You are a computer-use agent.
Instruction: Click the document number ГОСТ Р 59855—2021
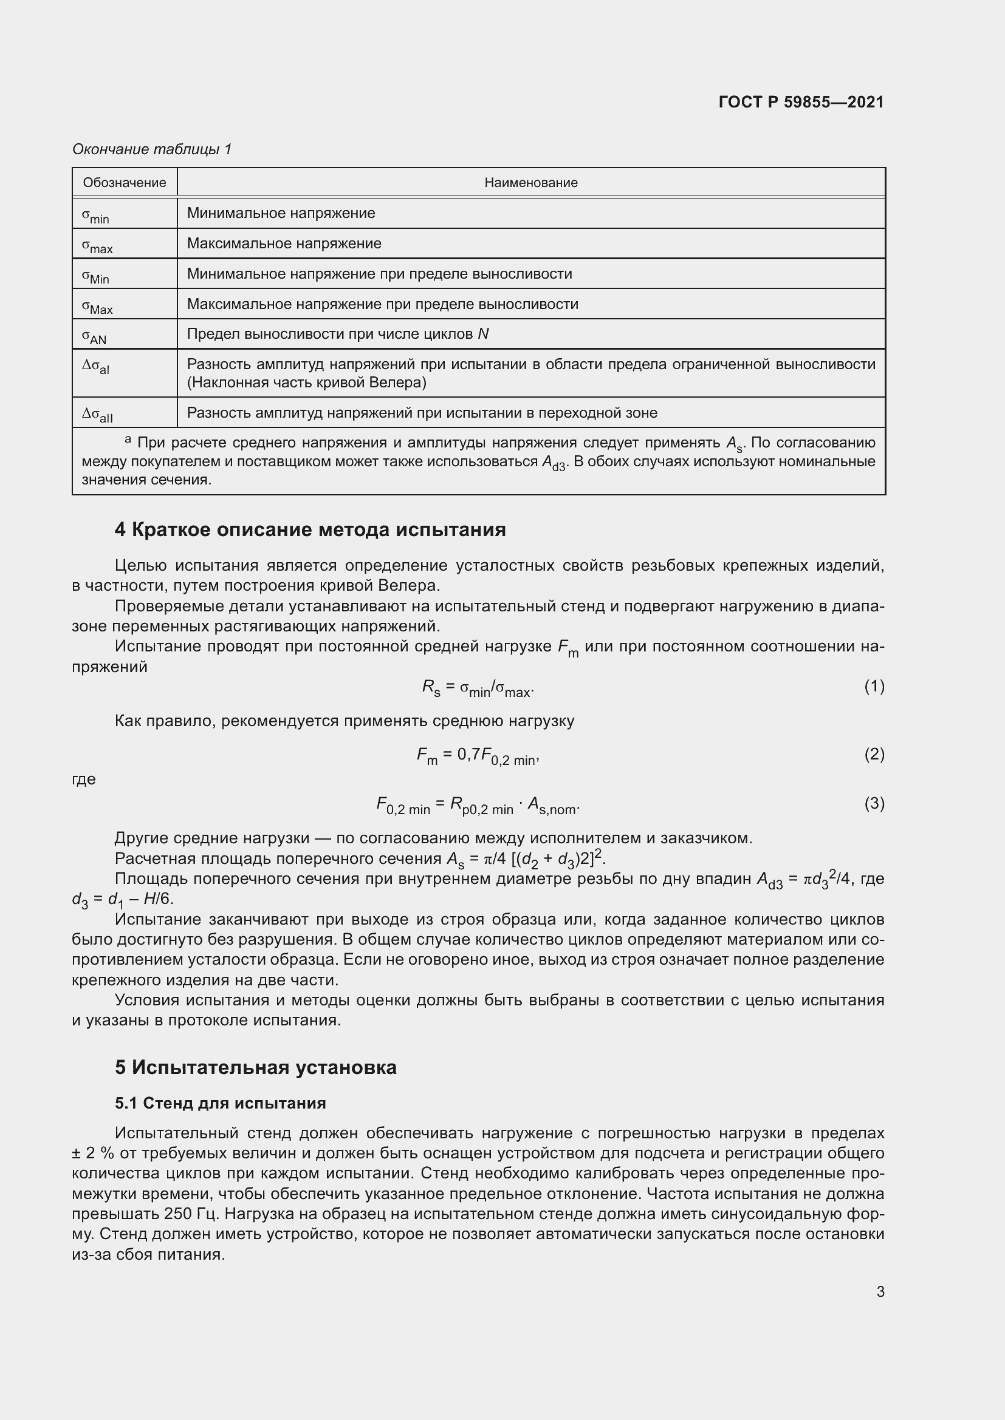pos(801,102)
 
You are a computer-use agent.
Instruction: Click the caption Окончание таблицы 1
pos(152,149)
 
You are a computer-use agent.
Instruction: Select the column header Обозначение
pos(125,183)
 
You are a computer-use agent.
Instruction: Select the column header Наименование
pos(530,183)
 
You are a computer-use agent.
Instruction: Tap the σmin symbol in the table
pos(95,214)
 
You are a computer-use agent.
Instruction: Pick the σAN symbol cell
pos(94,336)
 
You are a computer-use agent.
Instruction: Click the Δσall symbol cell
pos(97,415)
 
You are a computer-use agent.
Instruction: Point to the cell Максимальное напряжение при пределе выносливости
pos(382,304)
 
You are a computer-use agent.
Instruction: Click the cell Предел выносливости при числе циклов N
pos(337,334)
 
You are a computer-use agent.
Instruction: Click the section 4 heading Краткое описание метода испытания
pos(310,529)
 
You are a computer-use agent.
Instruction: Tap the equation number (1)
pos(874,686)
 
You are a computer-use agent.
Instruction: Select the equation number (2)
pos(874,754)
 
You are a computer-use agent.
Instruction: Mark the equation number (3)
pos(874,803)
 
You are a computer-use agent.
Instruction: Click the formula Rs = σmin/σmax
pos(477,688)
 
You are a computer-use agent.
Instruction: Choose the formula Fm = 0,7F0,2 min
pos(478,756)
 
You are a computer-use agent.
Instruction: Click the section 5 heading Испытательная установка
pos(256,1067)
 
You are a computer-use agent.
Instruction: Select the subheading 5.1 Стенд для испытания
pos(221,1103)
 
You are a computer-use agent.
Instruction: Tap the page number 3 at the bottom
pos(880,1291)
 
